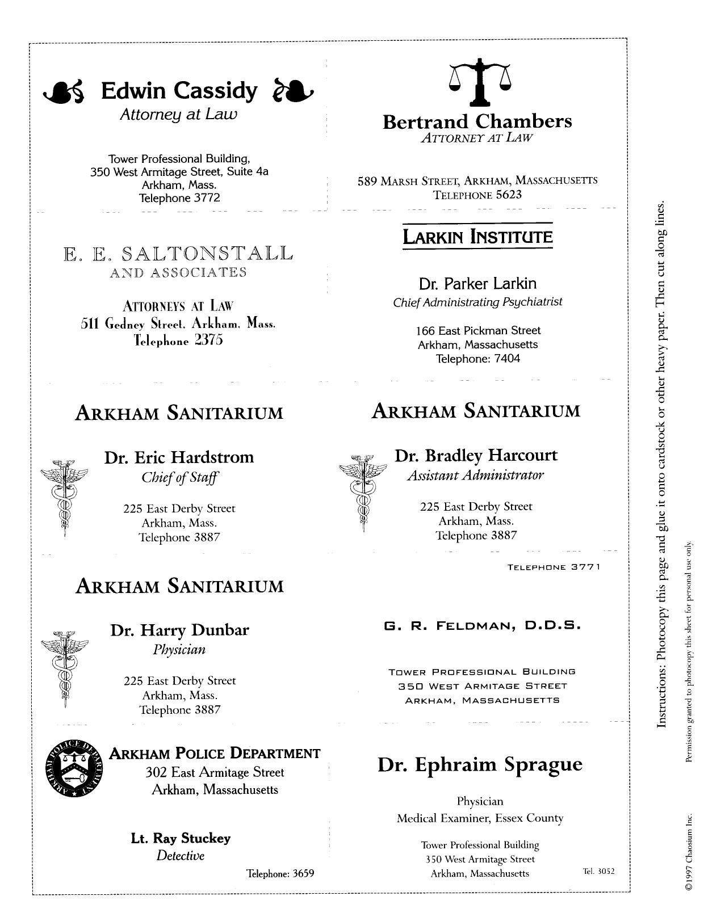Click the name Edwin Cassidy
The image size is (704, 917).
coord(179,91)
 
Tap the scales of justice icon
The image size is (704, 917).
coord(480,82)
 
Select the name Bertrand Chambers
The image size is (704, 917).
coord(477,121)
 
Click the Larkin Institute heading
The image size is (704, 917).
coord(477,236)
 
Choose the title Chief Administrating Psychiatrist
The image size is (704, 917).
coord(477,302)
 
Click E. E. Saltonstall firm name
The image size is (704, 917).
coord(178,253)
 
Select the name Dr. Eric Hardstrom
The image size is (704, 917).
coord(179,457)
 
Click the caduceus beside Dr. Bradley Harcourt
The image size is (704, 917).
coord(362,491)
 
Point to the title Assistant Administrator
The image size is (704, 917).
coord(475,476)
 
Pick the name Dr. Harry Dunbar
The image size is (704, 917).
coord(179,630)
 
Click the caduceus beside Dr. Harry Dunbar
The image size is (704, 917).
coord(65,667)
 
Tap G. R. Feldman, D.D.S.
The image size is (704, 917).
coord(482,626)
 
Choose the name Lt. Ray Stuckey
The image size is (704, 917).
coord(181,838)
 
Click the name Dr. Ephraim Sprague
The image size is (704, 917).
coord(480,764)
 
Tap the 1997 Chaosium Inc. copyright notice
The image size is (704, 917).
coord(689,852)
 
